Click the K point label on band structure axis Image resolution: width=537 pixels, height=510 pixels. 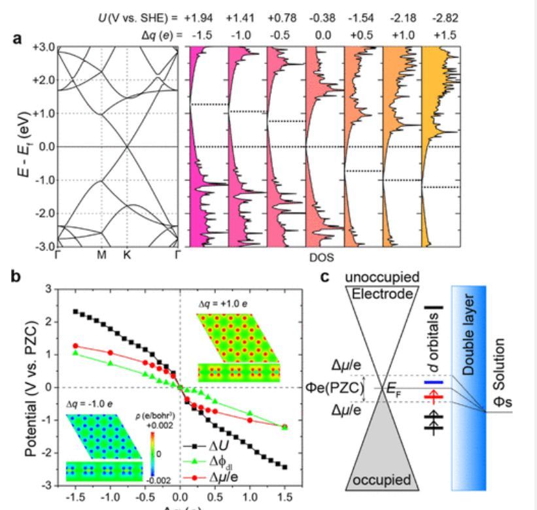coord(126,255)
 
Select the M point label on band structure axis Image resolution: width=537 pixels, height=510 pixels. coord(101,255)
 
